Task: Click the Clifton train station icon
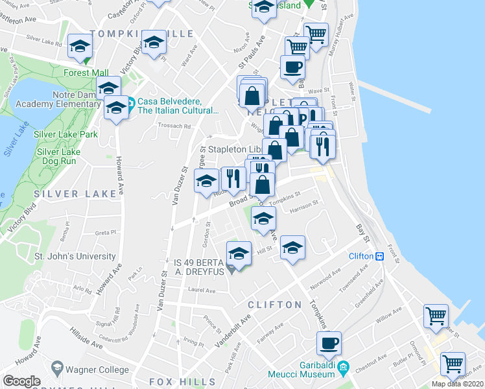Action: pos(380,256)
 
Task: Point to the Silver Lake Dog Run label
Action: pos(58,157)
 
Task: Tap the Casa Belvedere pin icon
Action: pos(130,102)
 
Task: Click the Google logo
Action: pos(21,381)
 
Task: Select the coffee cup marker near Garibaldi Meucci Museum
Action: pos(329,343)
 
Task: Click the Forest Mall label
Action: pos(86,73)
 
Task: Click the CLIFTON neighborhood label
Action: pos(275,304)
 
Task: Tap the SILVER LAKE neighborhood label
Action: pos(65,194)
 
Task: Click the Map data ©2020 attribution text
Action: pos(457,384)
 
